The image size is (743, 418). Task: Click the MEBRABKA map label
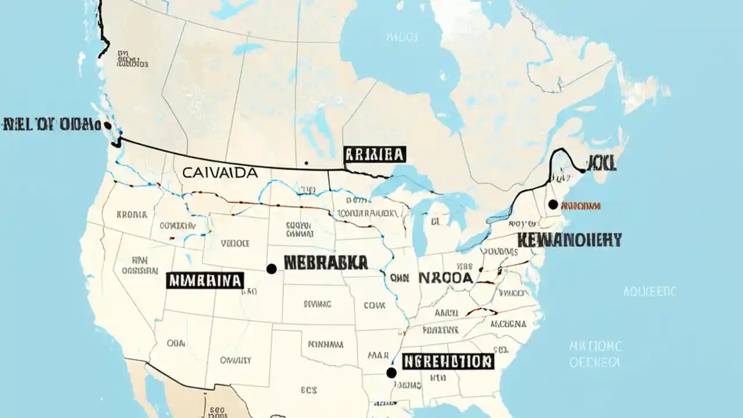[x=326, y=262]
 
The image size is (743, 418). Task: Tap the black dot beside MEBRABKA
[x=271, y=269]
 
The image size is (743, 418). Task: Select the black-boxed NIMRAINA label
[x=205, y=280]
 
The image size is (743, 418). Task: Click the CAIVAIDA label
[x=219, y=172]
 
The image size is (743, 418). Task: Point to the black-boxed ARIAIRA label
[x=374, y=154]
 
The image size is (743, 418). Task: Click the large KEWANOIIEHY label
[x=569, y=239]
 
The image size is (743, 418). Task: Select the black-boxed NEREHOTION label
[x=448, y=362]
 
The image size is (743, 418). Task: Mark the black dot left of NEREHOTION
[x=391, y=372]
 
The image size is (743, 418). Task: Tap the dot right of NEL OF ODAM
[x=107, y=125]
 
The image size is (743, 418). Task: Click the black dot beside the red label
[x=553, y=204]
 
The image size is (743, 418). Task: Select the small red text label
[x=581, y=206]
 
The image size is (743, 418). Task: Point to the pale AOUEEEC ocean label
[x=650, y=291]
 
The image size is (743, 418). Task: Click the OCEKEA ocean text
[x=595, y=362]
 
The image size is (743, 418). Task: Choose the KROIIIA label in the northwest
[x=132, y=214]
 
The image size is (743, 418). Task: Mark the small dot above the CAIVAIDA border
[x=306, y=163]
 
